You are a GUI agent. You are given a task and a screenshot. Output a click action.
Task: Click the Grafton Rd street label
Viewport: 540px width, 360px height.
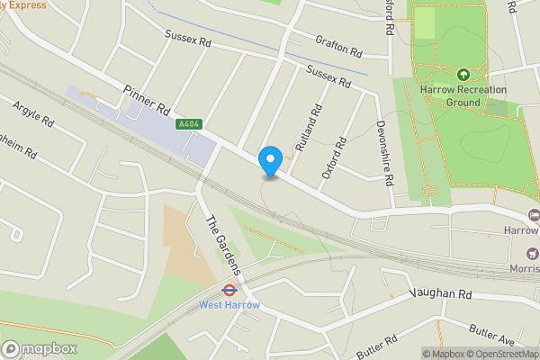pyautogui.click(x=338, y=45)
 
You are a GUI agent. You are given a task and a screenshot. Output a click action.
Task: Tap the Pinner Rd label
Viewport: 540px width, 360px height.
pyautogui.click(x=147, y=99)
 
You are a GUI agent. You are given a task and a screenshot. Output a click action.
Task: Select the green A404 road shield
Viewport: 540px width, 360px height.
pyautogui.click(x=189, y=124)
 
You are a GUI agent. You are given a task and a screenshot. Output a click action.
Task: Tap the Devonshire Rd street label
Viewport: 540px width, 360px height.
pyautogui.click(x=384, y=152)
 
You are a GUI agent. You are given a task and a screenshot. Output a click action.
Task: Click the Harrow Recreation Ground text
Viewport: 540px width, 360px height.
pyautogui.click(x=463, y=95)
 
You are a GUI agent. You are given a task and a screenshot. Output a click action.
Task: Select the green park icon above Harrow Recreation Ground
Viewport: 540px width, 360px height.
pyautogui.click(x=463, y=75)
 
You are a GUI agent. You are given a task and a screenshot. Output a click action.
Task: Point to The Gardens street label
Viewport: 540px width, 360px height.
pyautogui.click(x=224, y=246)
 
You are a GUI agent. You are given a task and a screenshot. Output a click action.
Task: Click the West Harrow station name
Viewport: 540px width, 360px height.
pyautogui.click(x=229, y=305)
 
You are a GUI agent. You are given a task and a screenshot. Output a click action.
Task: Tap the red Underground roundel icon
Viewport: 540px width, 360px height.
pyautogui.click(x=229, y=291)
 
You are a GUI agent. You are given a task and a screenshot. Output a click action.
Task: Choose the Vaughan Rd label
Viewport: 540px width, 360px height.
pyautogui.click(x=440, y=293)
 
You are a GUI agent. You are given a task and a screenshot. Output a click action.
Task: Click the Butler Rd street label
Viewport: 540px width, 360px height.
pyautogui.click(x=377, y=346)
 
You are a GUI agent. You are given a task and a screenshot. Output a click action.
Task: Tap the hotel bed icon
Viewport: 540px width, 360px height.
pyautogui.click(x=534, y=215)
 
